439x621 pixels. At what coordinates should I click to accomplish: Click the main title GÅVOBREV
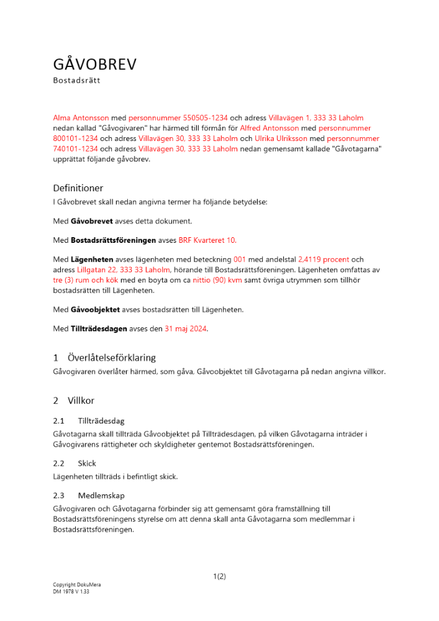[x=94, y=65]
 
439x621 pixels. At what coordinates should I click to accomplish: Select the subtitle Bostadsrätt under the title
[x=76, y=81]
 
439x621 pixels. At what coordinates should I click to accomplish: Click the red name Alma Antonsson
[x=81, y=117]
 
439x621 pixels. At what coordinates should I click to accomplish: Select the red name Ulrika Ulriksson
[x=283, y=138]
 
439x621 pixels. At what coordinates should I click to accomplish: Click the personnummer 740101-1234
[x=75, y=149]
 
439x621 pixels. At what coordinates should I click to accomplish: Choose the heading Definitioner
[x=78, y=188]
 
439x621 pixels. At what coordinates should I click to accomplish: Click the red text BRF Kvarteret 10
[x=207, y=240]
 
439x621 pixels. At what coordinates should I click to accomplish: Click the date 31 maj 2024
[x=186, y=329]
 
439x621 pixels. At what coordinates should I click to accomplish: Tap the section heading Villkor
[x=81, y=401]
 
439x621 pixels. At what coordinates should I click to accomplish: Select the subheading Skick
[x=87, y=463]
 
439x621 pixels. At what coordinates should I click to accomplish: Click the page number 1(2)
[x=219, y=576]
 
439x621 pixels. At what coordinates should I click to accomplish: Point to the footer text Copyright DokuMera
[x=76, y=585]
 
